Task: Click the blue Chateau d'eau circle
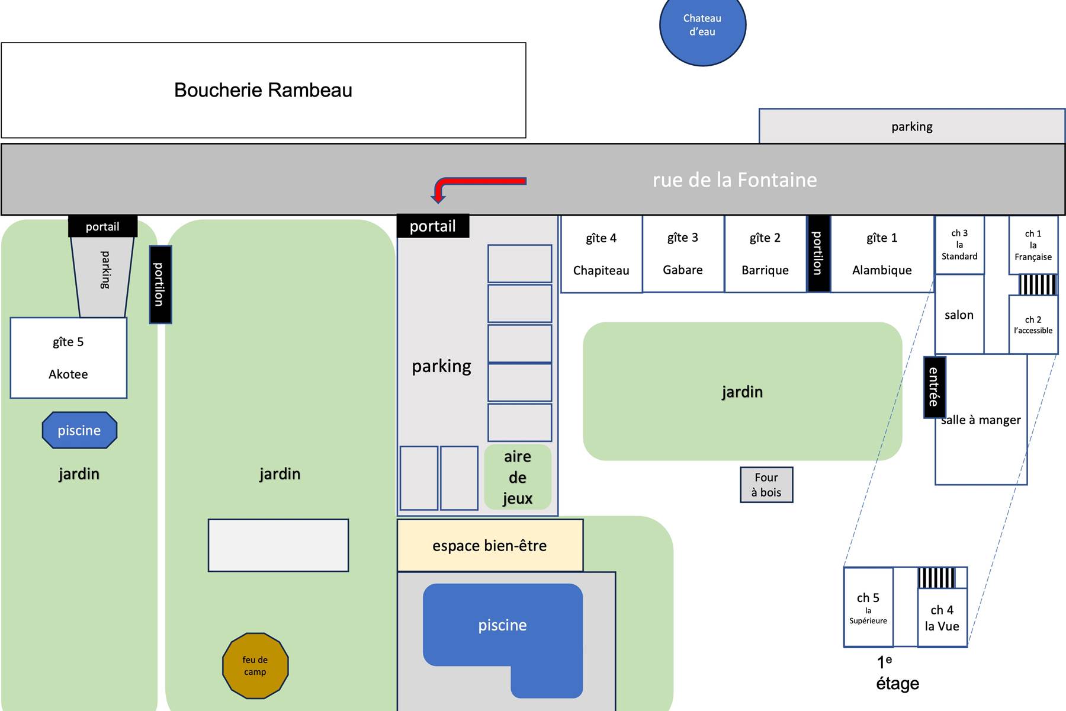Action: pyautogui.click(x=702, y=25)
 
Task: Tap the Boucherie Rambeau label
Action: pyautogui.click(x=263, y=90)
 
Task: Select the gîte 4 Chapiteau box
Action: pyautogui.click(x=601, y=254)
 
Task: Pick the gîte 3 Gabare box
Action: pyautogui.click(x=683, y=254)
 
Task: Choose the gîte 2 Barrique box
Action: pyautogui.click(x=765, y=254)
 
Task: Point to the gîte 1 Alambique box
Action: pyautogui.click(x=882, y=254)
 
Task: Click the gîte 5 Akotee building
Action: pyautogui.click(x=68, y=358)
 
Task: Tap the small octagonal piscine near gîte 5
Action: pyautogui.click(x=79, y=430)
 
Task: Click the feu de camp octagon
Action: pyautogui.click(x=255, y=665)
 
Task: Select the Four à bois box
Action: pyautogui.click(x=766, y=485)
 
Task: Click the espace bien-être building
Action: pyautogui.click(x=490, y=546)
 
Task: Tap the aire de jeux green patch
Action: pyautogui.click(x=518, y=478)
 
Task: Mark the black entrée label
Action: pyautogui.click(x=934, y=387)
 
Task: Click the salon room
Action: pyautogui.click(x=959, y=315)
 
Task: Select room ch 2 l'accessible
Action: pyautogui.click(x=1033, y=325)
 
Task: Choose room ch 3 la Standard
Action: pyautogui.click(x=959, y=245)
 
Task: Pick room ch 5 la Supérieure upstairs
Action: pyautogui.click(x=868, y=607)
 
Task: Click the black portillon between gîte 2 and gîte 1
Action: pyautogui.click(x=818, y=254)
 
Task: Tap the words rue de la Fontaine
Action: pyautogui.click(x=734, y=180)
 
